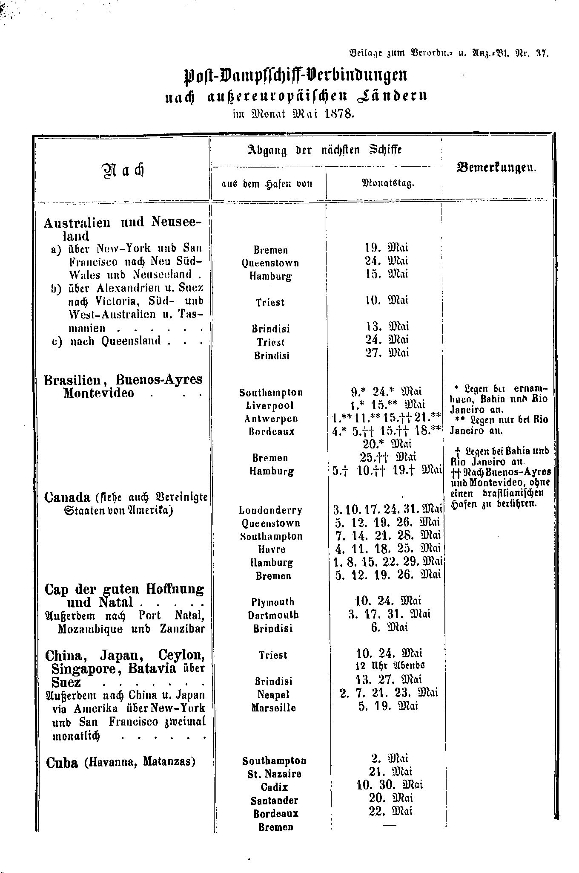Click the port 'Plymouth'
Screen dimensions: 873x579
(x=272, y=602)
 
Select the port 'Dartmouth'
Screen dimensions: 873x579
(x=273, y=615)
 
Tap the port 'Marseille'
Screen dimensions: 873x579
(x=273, y=708)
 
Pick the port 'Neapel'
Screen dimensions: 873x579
(x=273, y=695)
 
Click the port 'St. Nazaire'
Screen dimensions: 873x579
(x=274, y=774)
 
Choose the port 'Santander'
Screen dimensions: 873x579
(x=274, y=800)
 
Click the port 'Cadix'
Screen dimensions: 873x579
(x=274, y=787)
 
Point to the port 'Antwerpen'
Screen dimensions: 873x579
(x=271, y=419)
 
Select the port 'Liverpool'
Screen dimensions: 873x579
(x=271, y=405)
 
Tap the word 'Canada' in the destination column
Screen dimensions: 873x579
(x=67, y=497)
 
